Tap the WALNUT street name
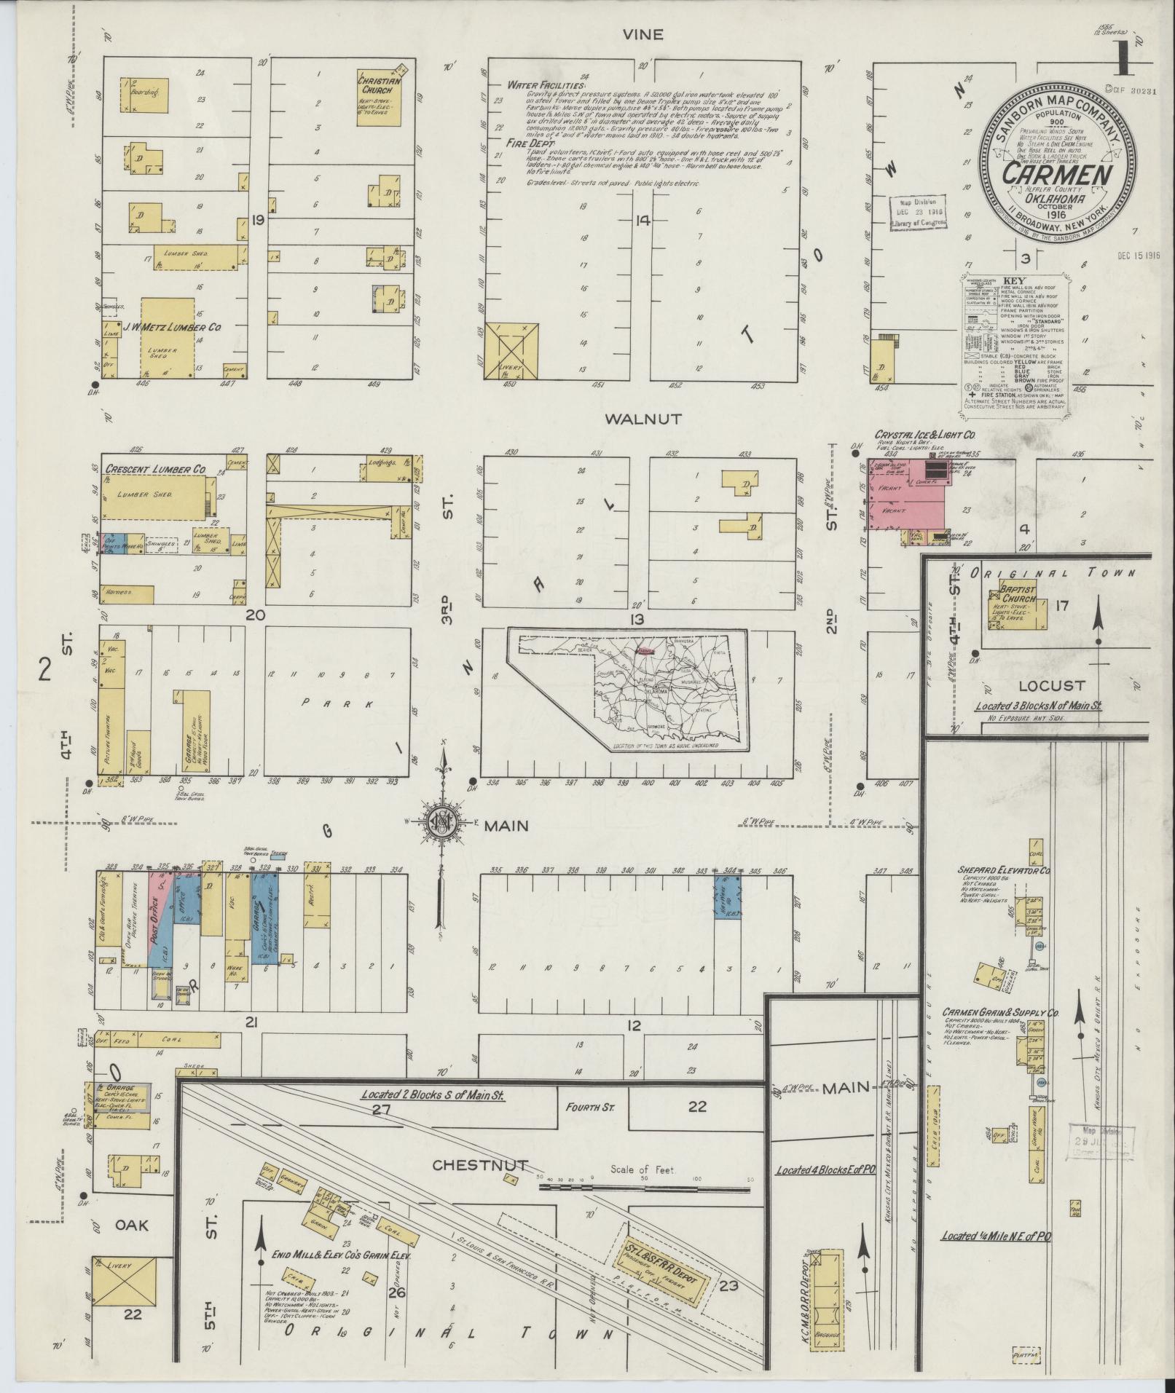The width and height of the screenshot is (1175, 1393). (644, 419)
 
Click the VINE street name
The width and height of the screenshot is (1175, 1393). (644, 35)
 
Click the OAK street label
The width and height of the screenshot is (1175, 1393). (132, 1225)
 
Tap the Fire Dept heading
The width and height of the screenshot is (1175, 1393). (527, 144)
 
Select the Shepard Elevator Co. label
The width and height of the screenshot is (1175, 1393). (1005, 870)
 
